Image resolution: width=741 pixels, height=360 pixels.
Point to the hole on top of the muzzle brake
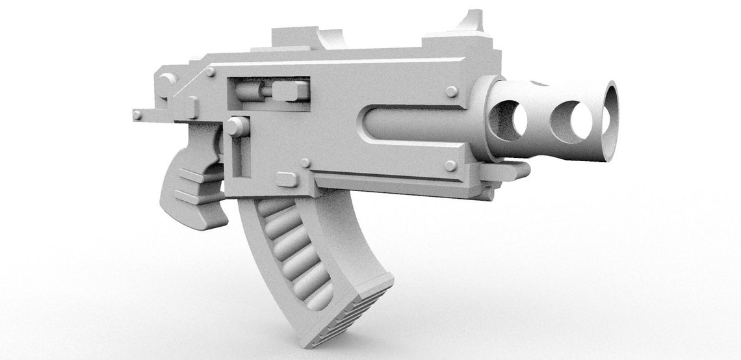tap(539, 83)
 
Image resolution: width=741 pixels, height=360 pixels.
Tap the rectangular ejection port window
tap(268, 91)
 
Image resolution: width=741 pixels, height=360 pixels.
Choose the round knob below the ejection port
tap(237, 126)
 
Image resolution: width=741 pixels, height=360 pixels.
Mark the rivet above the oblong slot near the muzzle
tap(451, 92)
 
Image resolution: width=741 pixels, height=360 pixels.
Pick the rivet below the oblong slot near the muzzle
tap(450, 165)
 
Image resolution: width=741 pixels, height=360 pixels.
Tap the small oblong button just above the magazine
tap(287, 179)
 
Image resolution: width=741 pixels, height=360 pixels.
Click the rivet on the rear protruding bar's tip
tap(137, 115)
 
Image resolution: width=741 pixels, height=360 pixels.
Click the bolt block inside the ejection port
tap(290, 90)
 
